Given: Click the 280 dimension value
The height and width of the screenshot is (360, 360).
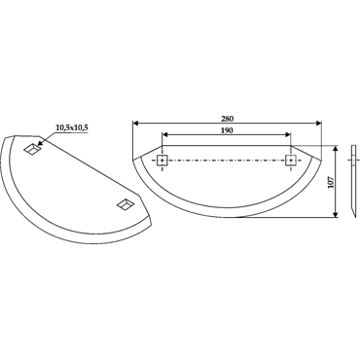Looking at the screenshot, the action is point(227,119).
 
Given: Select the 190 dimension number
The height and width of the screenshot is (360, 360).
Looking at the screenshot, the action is point(227,130).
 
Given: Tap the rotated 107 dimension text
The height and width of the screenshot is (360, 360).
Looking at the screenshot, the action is point(330,184).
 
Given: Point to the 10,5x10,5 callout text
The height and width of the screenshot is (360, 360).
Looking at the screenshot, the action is point(72,127).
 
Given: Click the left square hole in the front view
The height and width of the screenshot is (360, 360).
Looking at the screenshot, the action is point(162,161).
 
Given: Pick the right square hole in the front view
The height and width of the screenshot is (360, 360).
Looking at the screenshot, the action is point(291,161).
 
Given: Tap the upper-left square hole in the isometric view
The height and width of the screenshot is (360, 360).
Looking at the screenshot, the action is point(32,149).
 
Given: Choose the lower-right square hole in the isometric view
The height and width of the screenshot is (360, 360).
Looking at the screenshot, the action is point(126,204).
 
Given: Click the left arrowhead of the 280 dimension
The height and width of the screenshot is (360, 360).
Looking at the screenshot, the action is point(135,124).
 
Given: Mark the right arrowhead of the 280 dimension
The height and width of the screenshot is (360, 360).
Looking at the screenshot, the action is point(318,124).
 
